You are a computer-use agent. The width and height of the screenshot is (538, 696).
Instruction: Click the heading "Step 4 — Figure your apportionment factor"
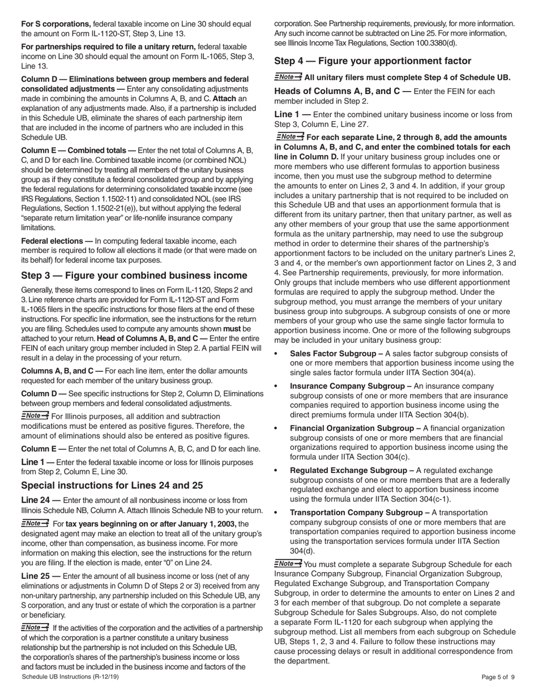coord(373,61)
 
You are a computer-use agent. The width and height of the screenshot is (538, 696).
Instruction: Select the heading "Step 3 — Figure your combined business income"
coord(134,276)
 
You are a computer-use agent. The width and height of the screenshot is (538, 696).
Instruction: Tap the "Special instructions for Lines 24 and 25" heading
coord(112,486)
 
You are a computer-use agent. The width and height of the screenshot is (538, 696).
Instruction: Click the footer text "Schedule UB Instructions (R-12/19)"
coord(70,677)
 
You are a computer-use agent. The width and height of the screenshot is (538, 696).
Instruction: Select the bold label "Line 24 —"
coord(41,500)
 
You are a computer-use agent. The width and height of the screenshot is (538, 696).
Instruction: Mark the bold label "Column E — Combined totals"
coord(78,150)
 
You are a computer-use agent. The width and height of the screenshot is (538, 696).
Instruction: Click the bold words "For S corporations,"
coord(56,24)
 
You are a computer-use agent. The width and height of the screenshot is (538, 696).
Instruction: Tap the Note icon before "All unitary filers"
coord(288,77)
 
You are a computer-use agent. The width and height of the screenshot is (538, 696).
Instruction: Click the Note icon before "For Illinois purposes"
coord(35,416)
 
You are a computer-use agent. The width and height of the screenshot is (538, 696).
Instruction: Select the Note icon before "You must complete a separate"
coord(288,564)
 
